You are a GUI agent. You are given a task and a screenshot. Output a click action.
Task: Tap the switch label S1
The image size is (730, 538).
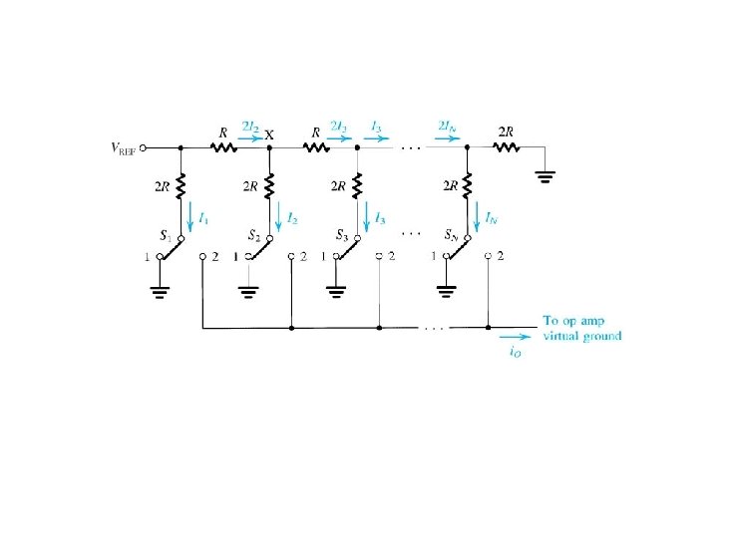pos(167,235)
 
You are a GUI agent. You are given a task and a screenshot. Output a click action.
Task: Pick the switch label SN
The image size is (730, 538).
pos(451,235)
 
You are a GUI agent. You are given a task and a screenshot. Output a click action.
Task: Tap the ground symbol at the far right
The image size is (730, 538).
pos(546,177)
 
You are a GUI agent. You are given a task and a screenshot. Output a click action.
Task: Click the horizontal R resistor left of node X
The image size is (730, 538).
pos(222,146)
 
